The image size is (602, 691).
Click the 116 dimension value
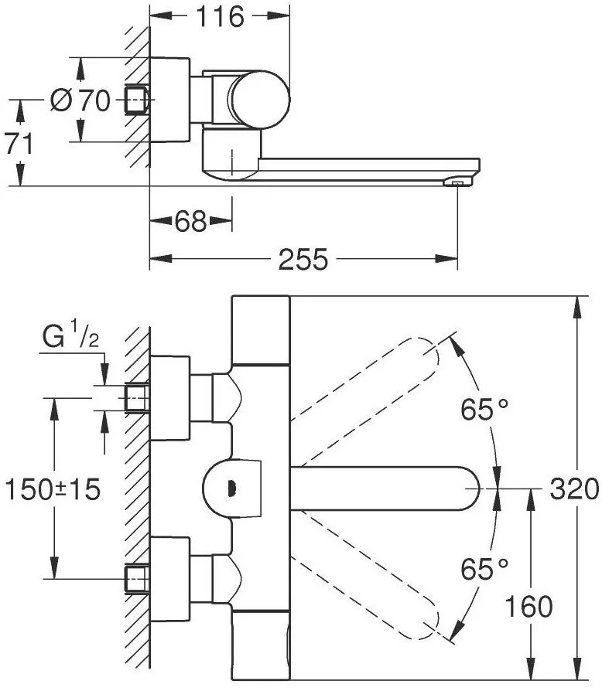pos(220,17)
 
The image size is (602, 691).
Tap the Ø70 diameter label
pos(80,100)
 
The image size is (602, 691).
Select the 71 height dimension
pos(19,143)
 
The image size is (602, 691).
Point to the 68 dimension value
pos(190,221)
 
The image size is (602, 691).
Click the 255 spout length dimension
pos(303,259)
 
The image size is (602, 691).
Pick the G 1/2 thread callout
pos(70,335)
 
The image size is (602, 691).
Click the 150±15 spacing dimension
pos(53,489)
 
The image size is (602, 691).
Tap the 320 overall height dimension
pos(574,488)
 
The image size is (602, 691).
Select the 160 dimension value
pos(528,606)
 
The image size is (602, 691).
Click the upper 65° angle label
pos(484,409)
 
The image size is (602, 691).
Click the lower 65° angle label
pos(484,568)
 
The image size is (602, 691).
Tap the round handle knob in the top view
pos(260,100)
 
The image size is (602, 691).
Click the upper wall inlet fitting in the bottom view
pos(137,398)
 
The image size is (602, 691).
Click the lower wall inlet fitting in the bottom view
pos(137,579)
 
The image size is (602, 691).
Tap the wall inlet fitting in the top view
pos(137,100)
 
